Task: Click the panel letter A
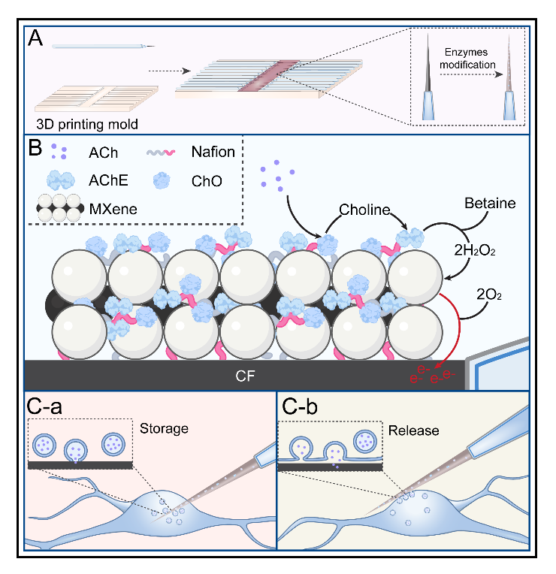(x=35, y=38)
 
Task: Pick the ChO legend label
(x=201, y=180)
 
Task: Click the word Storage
(x=163, y=429)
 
